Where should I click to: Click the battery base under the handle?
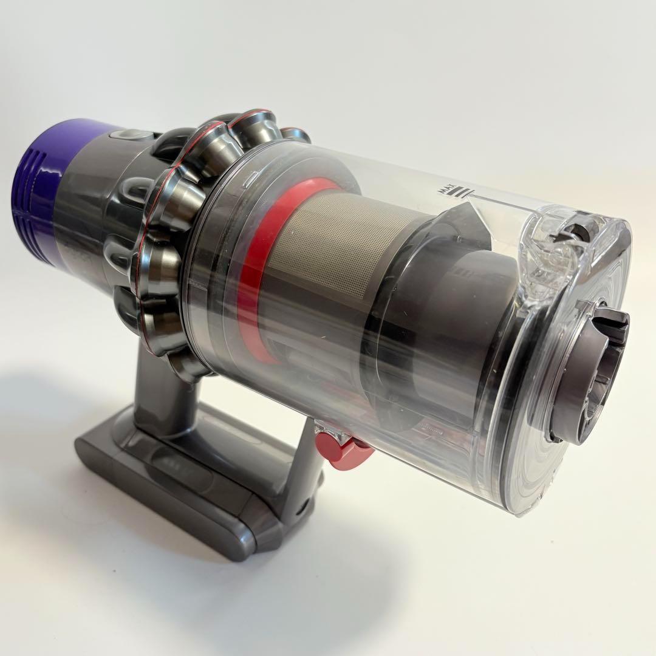point(182,480)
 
